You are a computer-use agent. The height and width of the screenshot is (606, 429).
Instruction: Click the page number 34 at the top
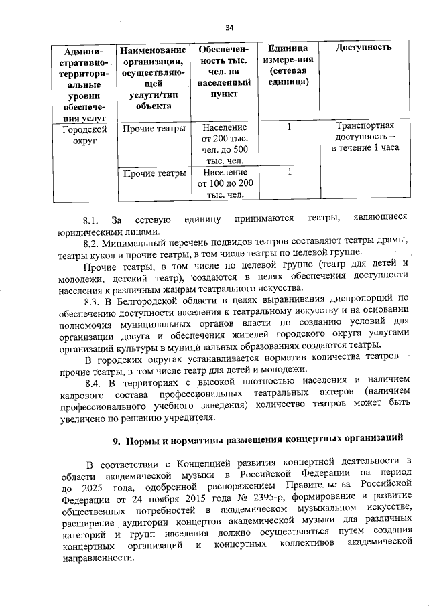pos(229,27)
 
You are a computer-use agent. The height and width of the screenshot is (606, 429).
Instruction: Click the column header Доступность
pos(363,48)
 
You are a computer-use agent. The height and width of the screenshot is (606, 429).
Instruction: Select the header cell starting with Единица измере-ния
pos(288,65)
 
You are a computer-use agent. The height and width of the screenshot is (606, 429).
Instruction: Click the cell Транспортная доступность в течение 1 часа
pos(364,137)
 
